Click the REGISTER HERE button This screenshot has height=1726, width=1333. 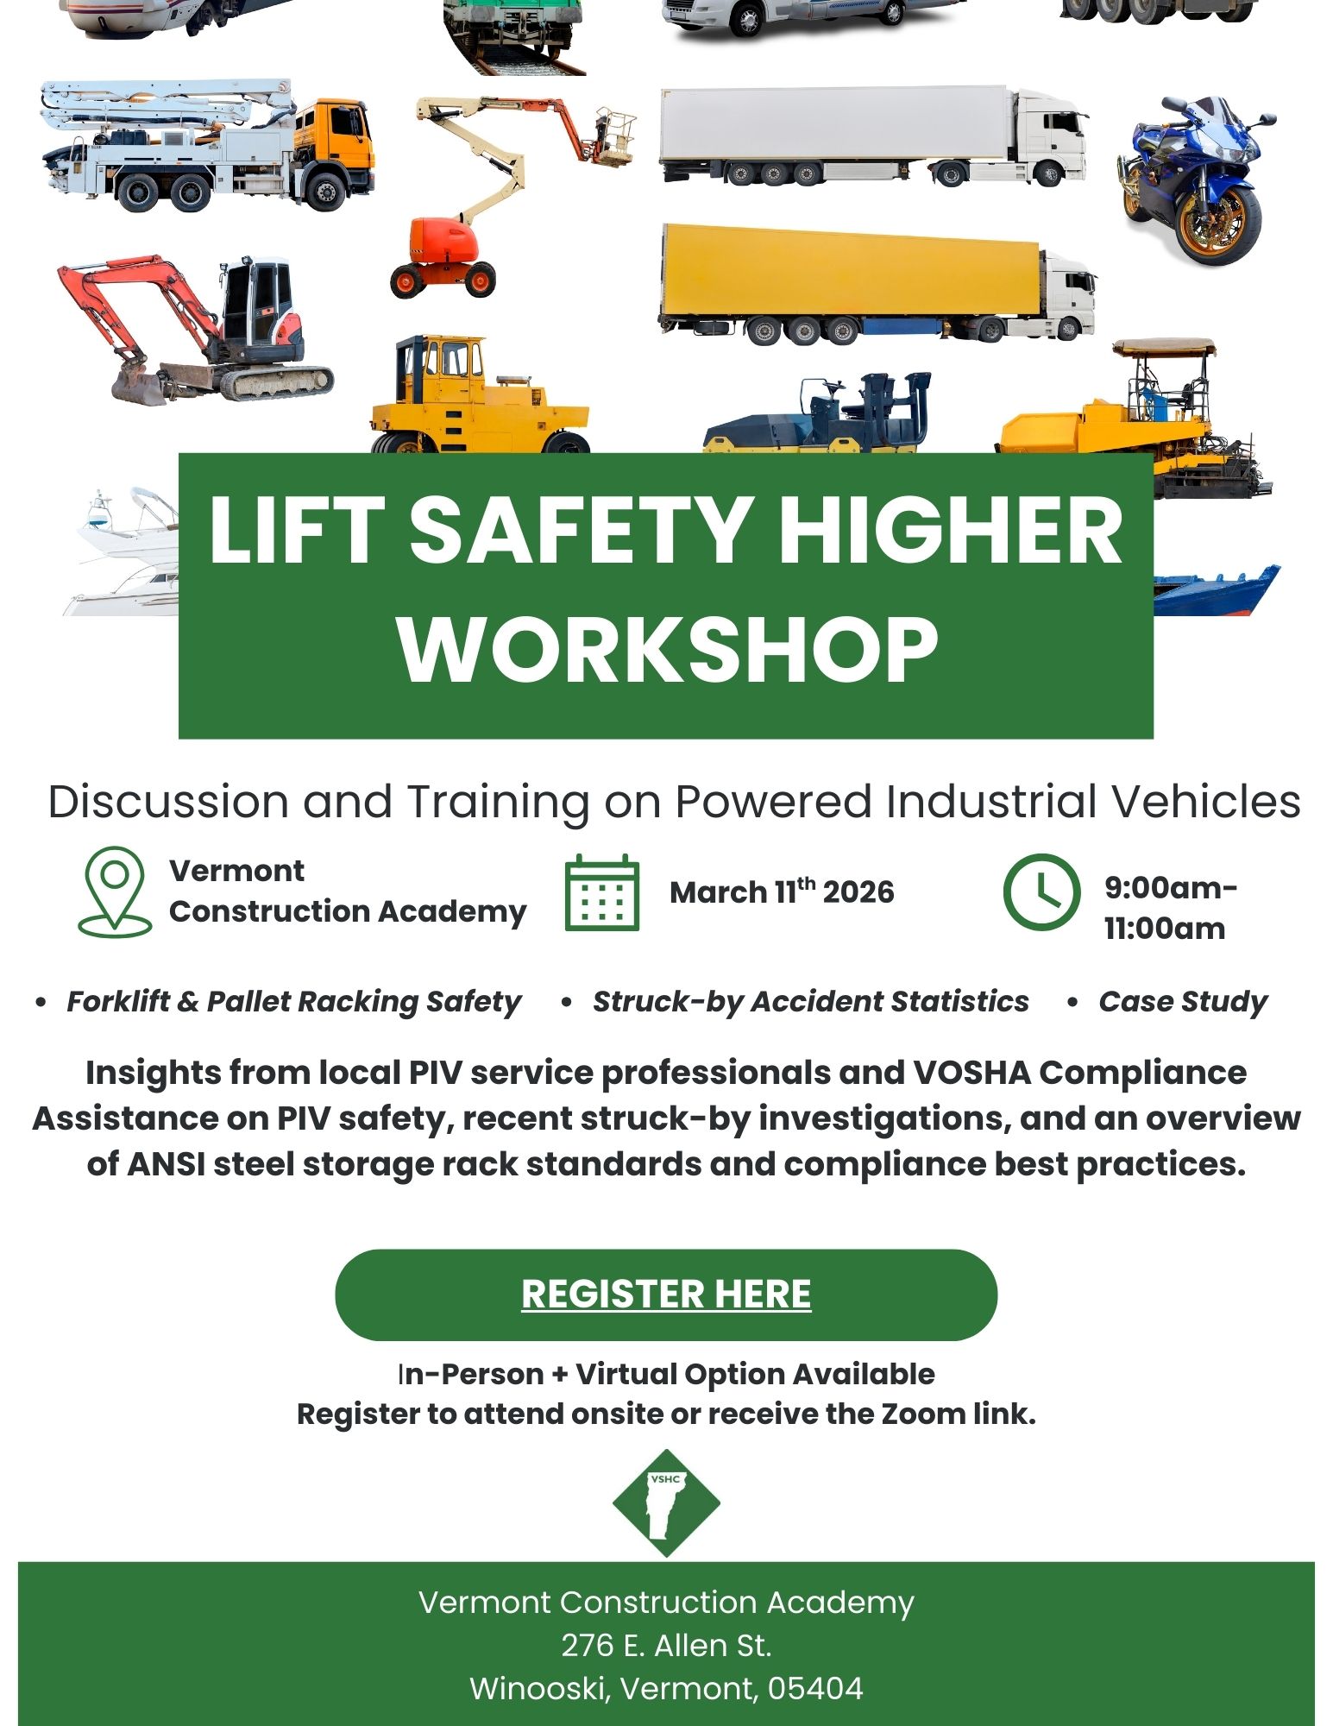click(666, 1294)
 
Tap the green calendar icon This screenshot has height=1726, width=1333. click(602, 893)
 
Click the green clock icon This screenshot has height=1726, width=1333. click(1041, 892)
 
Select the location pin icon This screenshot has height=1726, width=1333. click(115, 891)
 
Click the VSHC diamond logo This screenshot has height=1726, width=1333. click(666, 1502)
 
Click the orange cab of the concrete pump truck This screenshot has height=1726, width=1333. click(337, 139)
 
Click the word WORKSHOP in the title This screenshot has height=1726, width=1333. click(668, 649)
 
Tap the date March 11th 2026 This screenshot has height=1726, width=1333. click(782, 891)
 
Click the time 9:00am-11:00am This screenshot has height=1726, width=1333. click(1171, 908)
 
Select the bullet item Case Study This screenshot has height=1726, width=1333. click(1182, 1001)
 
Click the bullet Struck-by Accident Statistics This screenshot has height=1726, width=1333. click(810, 1001)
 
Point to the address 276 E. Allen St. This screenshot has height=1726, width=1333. click(666, 1646)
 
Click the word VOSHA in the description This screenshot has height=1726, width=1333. click(971, 1073)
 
